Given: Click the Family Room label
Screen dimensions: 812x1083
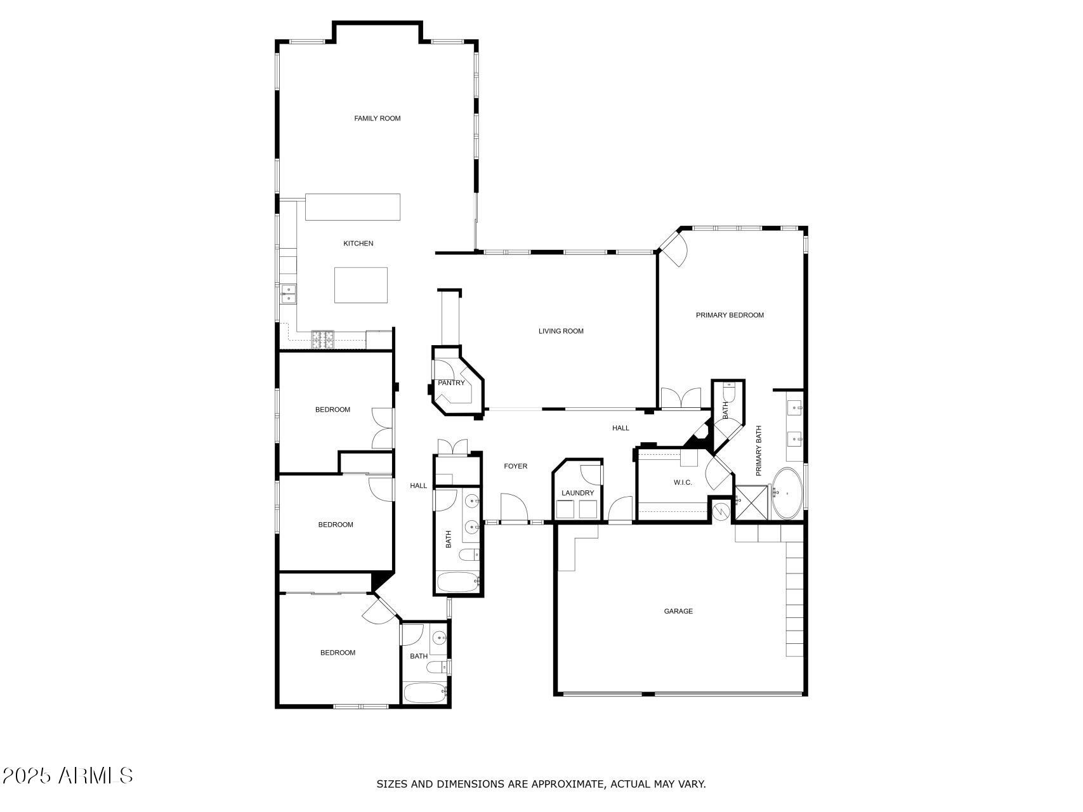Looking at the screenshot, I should [x=377, y=119].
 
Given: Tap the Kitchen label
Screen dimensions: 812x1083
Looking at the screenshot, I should [x=358, y=244].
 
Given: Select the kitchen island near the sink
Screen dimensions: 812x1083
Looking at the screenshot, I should [x=361, y=285].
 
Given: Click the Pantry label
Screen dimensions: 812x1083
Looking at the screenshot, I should [x=451, y=383].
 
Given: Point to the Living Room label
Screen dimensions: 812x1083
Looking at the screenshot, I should [x=561, y=331].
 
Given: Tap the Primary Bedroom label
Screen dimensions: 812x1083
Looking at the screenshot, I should [x=730, y=315].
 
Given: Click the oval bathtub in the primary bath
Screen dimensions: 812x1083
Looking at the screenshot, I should [x=787, y=494].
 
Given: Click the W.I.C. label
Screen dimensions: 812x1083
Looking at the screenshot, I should [x=683, y=483].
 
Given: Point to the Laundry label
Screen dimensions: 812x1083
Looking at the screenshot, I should [x=577, y=494].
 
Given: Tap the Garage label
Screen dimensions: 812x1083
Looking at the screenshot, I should [x=678, y=612].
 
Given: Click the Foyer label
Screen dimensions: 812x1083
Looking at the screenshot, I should [x=515, y=466].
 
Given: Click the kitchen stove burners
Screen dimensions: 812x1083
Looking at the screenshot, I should [x=322, y=340].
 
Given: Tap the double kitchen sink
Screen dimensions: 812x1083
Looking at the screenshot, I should [x=288, y=294].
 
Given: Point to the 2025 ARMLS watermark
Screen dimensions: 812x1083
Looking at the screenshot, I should [x=67, y=775].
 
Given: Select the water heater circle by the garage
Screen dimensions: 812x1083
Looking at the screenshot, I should [x=720, y=510].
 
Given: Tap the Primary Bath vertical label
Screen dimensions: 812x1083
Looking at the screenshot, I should [x=758, y=450].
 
